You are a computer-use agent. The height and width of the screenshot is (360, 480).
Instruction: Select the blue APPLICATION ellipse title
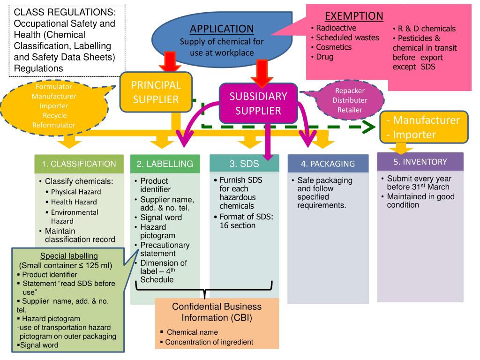222,29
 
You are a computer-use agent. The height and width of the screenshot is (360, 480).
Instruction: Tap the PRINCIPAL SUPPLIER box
155,92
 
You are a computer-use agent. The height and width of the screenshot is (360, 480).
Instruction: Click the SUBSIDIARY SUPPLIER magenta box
258,103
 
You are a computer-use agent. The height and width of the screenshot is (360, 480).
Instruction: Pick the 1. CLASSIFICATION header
79,164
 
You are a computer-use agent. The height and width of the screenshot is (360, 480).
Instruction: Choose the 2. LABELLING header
165,164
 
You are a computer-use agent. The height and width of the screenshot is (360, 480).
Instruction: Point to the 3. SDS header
243,163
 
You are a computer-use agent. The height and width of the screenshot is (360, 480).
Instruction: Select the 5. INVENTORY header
420,162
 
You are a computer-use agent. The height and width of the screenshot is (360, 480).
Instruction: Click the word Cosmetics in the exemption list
334,47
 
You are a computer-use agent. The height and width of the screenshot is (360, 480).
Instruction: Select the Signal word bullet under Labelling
161,217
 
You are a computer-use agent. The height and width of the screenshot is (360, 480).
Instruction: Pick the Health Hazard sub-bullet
74,202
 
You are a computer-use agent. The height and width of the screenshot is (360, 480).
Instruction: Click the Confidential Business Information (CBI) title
217,312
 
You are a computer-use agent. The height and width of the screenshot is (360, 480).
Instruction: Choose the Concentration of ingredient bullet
209,342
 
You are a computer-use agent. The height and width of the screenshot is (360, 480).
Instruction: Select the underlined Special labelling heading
69,256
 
